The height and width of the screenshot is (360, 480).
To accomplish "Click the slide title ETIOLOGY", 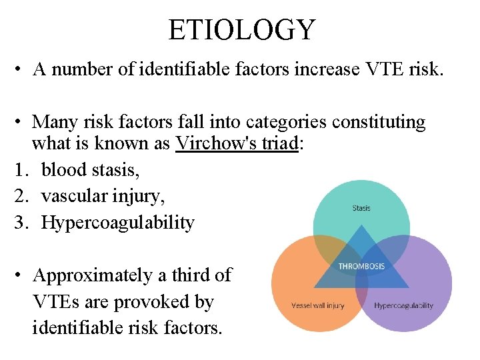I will point(241,30).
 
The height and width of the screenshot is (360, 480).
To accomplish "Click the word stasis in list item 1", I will point(114,170).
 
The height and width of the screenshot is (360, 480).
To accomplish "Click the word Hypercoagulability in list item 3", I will point(117,222).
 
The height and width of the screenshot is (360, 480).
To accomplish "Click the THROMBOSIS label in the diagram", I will point(361,267).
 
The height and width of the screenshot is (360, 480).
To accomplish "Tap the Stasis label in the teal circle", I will point(361,208).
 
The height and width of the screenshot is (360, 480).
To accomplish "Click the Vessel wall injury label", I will point(318,305).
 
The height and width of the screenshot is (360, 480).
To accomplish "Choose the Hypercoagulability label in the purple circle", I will point(403,305).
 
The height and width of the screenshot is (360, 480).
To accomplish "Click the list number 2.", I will point(19,196).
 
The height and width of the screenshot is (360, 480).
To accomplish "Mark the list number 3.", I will point(19,222).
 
